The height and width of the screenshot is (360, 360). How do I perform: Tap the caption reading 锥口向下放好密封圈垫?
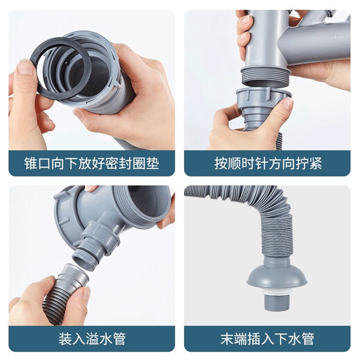[x=91, y=165]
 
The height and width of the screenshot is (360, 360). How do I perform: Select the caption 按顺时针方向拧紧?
[x=269, y=165]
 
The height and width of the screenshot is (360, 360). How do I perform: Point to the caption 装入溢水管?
[x=91, y=339]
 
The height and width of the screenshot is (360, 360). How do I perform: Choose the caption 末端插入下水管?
[x=269, y=339]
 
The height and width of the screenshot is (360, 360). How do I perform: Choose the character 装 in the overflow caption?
[x=66, y=339]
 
